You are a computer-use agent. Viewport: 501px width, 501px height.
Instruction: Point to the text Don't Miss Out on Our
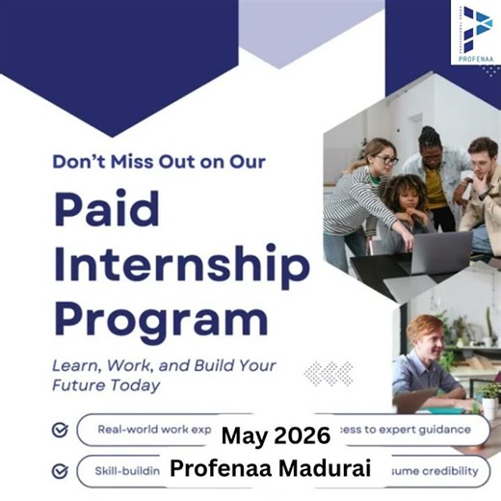click(159, 162)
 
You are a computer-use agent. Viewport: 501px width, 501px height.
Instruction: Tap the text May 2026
click(275, 435)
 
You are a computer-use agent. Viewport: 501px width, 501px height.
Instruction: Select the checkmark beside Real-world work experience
click(60, 430)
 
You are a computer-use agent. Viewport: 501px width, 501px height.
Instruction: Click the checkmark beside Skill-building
click(60, 471)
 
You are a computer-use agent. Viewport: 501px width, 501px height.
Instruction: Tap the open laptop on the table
click(438, 252)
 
